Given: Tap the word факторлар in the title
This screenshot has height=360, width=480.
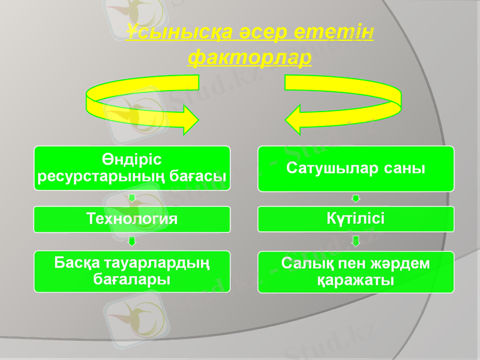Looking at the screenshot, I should (249, 57).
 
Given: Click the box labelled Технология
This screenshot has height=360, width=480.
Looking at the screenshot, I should (132, 219).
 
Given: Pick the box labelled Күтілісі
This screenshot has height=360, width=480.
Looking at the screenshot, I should (356, 219).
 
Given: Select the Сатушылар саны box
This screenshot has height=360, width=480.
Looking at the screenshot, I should (356, 169).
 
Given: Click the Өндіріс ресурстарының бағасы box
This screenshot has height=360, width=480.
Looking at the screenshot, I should (132, 169).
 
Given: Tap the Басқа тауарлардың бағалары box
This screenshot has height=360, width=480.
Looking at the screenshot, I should (132, 271).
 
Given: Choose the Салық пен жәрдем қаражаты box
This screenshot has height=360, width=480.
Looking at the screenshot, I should (356, 272).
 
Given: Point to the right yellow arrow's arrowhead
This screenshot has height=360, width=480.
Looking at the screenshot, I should (295, 119).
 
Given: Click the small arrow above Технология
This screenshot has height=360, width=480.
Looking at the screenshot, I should (132, 199).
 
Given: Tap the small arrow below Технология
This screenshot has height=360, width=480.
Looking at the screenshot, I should (132, 241).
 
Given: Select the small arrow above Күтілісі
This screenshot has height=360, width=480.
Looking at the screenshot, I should (356, 199).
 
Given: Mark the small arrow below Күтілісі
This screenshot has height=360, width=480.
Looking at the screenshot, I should (356, 241).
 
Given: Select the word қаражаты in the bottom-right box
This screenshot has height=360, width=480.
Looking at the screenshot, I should (356, 280).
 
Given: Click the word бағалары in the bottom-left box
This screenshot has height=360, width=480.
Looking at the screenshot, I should (132, 280).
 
